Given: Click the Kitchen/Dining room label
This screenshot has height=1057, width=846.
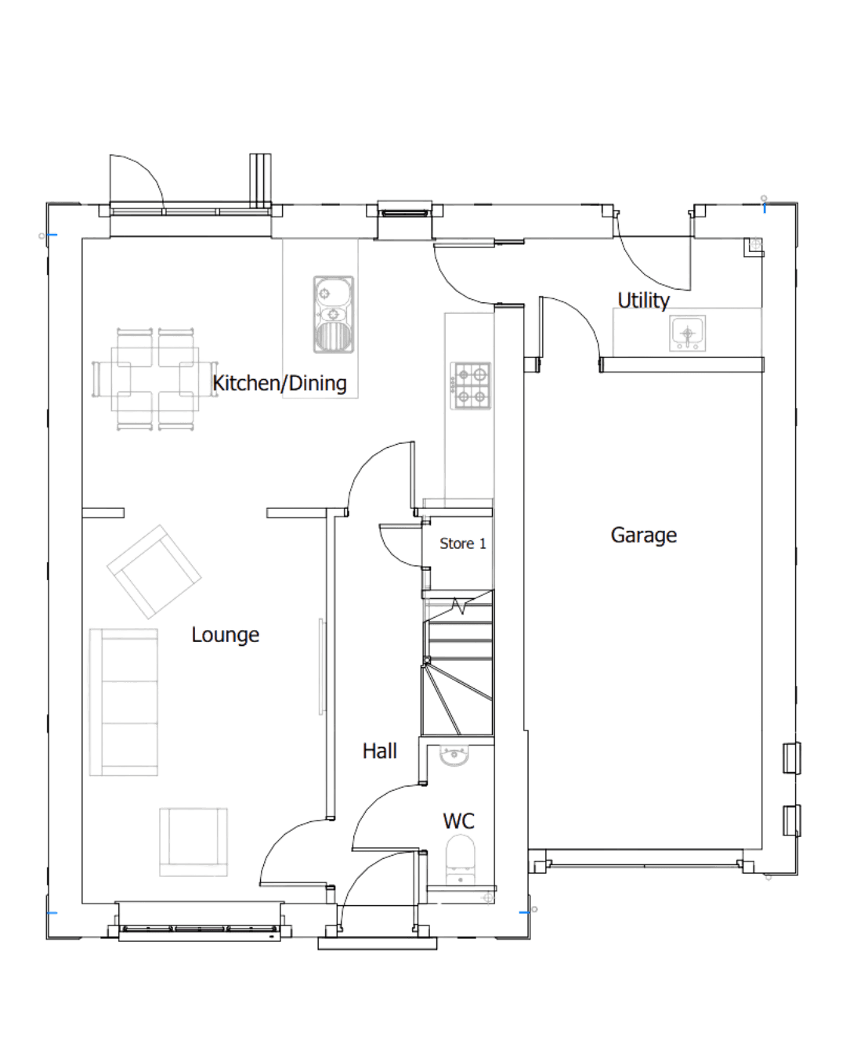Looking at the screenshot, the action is (279, 384).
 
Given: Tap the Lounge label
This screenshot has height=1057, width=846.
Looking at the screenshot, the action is (225, 635).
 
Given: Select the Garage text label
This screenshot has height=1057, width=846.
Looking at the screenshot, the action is (643, 535).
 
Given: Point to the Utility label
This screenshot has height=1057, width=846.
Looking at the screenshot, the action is (643, 300).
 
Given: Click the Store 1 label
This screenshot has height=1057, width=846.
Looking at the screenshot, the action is (463, 543).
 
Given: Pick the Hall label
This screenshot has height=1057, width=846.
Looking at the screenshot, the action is (379, 751).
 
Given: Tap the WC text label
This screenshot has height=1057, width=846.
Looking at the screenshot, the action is (458, 821).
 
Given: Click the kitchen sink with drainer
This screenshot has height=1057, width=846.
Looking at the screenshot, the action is (333, 314).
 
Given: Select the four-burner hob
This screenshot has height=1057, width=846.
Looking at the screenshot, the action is (471, 385).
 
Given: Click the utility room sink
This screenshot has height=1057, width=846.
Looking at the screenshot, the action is (687, 333).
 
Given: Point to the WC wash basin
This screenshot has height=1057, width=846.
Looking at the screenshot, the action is (454, 756).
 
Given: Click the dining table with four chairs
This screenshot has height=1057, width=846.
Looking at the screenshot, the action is (155, 379).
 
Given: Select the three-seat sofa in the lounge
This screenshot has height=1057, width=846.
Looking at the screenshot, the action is (124, 702).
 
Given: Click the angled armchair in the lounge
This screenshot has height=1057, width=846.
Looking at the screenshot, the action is (154, 572).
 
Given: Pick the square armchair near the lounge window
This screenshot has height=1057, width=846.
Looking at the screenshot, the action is (193, 842).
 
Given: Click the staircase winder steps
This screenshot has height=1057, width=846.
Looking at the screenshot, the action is (457, 700).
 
